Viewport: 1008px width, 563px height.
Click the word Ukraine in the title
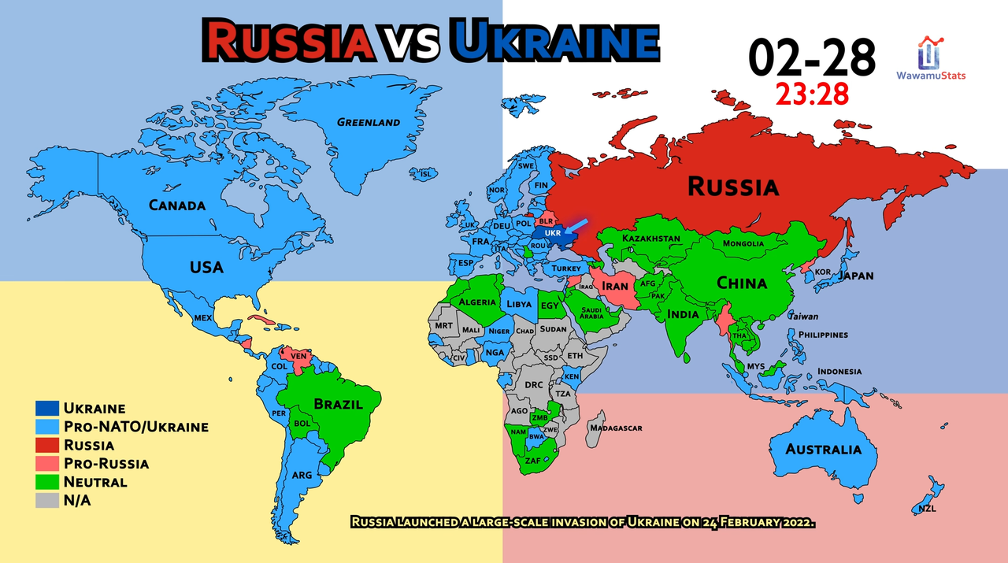(x=554, y=41)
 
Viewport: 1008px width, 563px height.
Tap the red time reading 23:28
(x=812, y=94)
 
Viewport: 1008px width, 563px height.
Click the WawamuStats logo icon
(x=930, y=53)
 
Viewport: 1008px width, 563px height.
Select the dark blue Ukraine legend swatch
(x=47, y=409)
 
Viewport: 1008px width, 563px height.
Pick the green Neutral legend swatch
(x=47, y=481)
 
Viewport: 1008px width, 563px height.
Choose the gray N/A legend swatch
(x=47, y=499)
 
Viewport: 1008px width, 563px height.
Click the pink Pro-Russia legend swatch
(x=47, y=463)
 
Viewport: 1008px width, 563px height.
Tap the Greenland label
(x=369, y=122)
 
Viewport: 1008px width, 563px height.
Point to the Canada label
(x=177, y=206)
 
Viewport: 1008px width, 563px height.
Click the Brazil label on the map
(x=339, y=404)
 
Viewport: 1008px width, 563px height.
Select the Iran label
(x=615, y=286)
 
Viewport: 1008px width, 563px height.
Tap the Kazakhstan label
(x=650, y=238)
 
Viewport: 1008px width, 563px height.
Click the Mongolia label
(x=743, y=243)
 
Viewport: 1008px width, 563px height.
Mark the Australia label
(x=824, y=450)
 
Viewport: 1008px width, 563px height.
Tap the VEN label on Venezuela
(x=298, y=356)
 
